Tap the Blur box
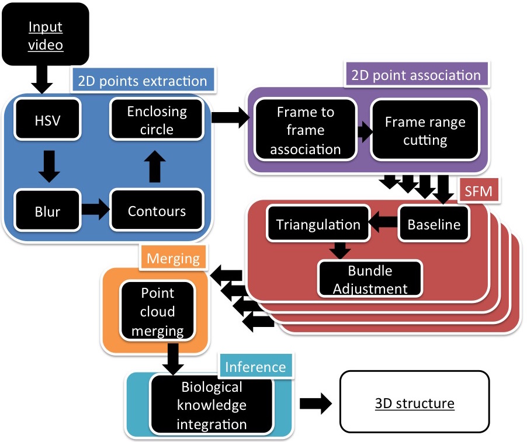point(48,211)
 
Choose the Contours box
point(157,211)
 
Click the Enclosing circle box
point(157,120)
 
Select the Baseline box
point(434,224)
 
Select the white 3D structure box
point(414,403)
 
